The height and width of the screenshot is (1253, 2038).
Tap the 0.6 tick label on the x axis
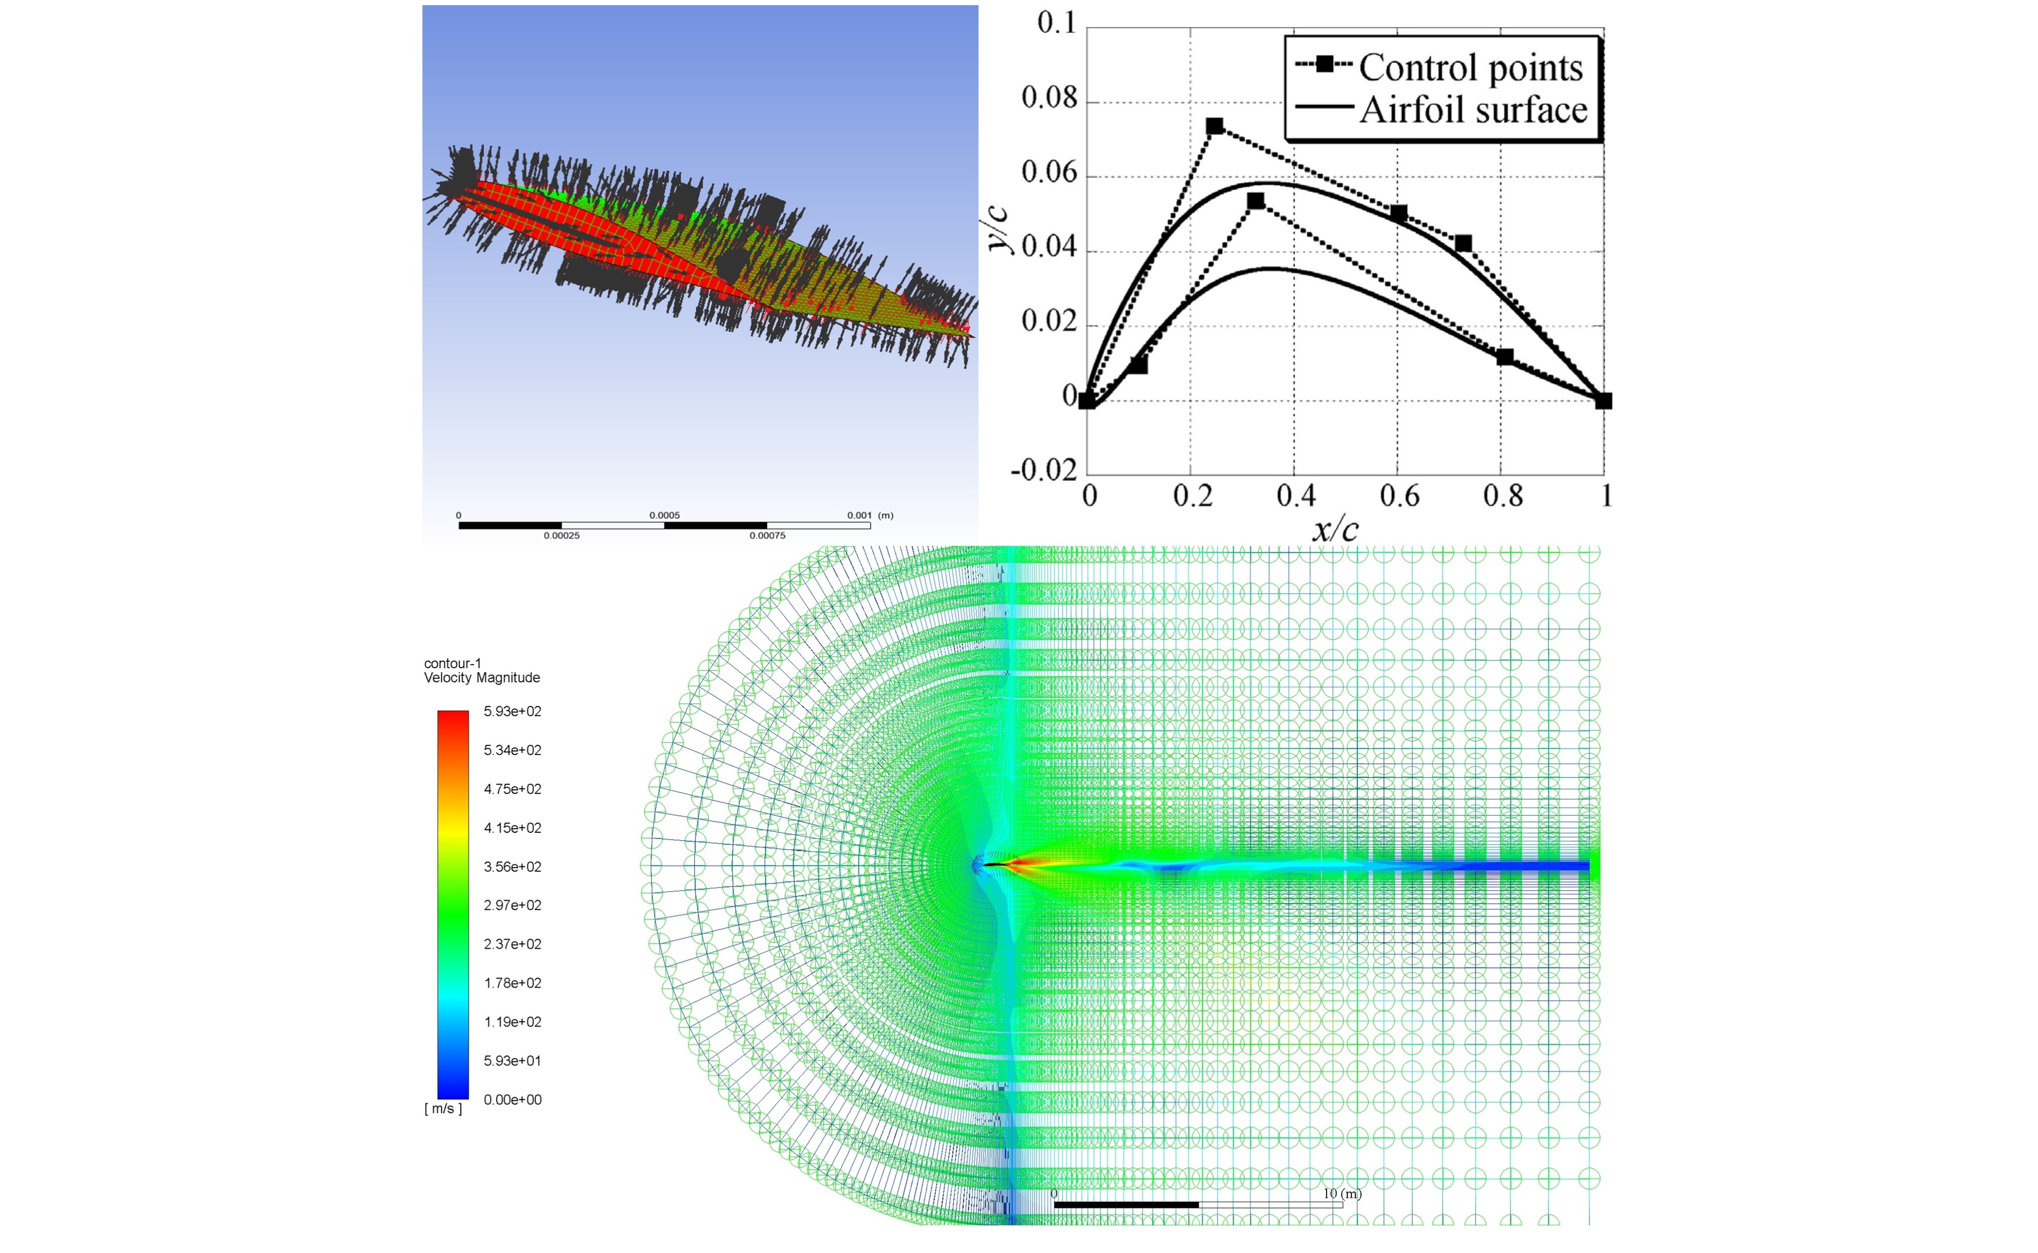point(1399,496)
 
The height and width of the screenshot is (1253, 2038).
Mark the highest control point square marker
point(1214,126)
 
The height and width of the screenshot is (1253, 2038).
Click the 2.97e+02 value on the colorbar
point(512,906)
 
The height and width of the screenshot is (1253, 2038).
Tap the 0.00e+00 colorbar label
point(512,1100)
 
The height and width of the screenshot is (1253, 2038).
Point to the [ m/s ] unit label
point(443,1109)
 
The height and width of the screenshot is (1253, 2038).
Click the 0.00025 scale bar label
point(561,536)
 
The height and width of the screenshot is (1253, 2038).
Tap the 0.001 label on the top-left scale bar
point(859,515)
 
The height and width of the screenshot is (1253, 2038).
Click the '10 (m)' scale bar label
point(1341,1194)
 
